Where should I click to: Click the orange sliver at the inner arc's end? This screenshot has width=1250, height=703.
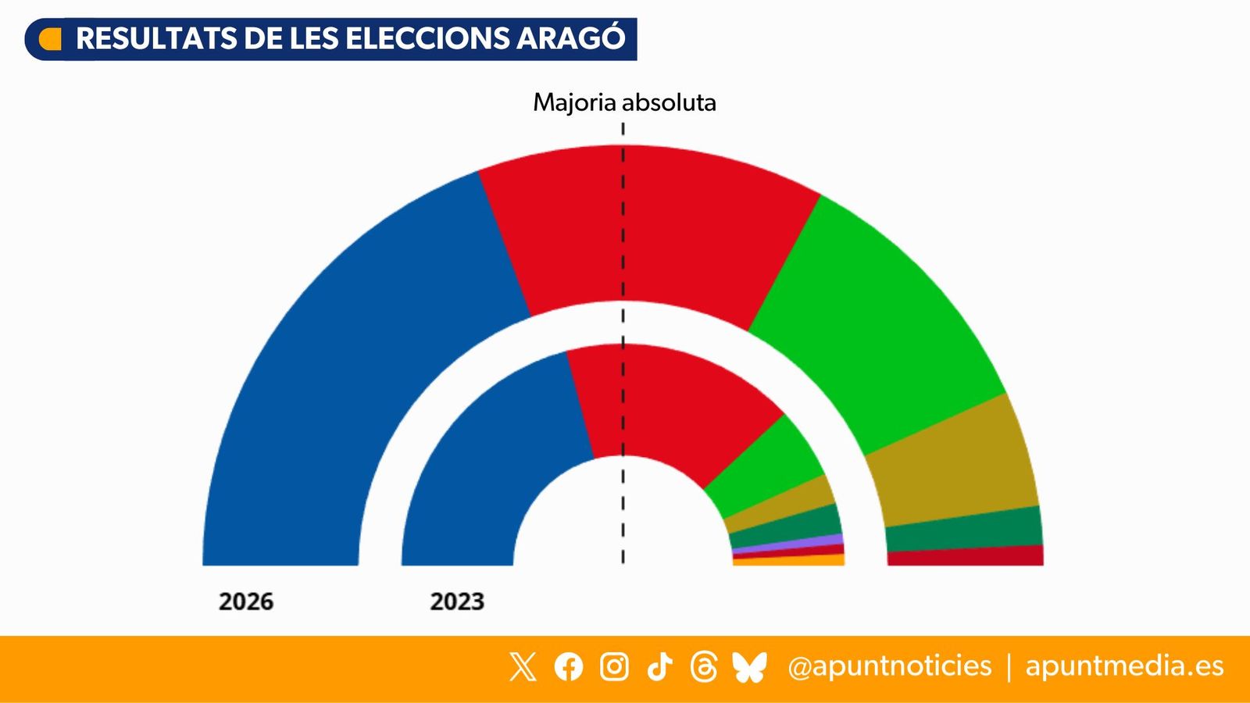[789, 560]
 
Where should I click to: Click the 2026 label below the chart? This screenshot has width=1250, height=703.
[246, 601]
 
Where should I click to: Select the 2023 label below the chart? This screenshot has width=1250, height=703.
[457, 601]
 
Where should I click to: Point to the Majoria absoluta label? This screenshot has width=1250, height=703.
[624, 102]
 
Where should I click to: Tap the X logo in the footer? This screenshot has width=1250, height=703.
[523, 666]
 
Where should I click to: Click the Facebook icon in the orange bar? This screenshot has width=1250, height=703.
[569, 666]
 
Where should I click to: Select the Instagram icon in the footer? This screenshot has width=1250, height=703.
[614, 666]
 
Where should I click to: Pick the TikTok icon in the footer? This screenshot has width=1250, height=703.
[659, 666]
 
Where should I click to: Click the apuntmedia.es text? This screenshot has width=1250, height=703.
[1124, 666]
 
